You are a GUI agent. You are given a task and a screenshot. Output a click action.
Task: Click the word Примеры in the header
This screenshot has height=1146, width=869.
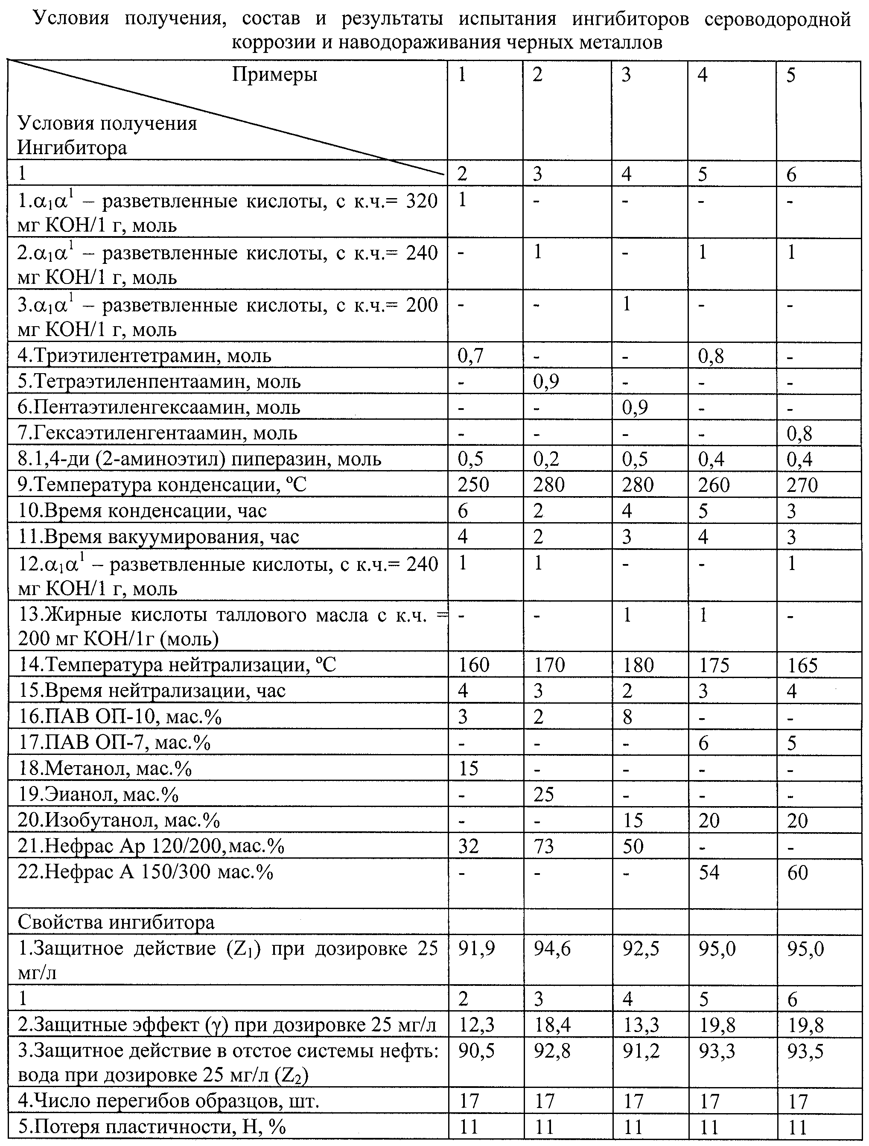pyautogui.click(x=274, y=74)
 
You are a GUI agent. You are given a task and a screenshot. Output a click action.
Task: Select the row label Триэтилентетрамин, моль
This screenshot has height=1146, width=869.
pyautogui.click(x=145, y=356)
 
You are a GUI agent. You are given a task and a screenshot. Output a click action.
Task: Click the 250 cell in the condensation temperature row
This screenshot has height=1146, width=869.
pyautogui.click(x=473, y=485)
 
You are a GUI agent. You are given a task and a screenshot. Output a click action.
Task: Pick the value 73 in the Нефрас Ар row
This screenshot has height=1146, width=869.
pyautogui.click(x=544, y=846)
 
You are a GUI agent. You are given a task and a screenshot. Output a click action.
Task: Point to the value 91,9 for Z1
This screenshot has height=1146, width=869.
pyautogui.click(x=476, y=949)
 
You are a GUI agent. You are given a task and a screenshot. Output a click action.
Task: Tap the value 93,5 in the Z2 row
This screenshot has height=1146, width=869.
pyautogui.click(x=806, y=1051)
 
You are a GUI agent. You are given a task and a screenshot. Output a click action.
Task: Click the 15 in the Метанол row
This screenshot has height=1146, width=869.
pyautogui.click(x=468, y=768)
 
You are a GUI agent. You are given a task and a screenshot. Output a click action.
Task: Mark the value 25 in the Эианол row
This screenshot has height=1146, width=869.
pyautogui.click(x=544, y=794)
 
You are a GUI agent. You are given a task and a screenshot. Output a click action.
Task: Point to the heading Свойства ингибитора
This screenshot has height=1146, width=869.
pyautogui.click(x=116, y=923)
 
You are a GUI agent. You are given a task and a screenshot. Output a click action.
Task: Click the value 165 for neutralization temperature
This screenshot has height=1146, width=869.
pyautogui.click(x=803, y=665)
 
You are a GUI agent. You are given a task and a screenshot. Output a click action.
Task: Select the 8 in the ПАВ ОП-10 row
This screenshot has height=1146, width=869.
pyautogui.click(x=627, y=717)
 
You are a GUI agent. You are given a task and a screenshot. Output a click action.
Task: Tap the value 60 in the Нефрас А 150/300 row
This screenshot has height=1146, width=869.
pyautogui.click(x=798, y=872)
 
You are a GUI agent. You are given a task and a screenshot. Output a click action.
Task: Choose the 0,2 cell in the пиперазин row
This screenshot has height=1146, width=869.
pyautogui.click(x=546, y=459)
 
